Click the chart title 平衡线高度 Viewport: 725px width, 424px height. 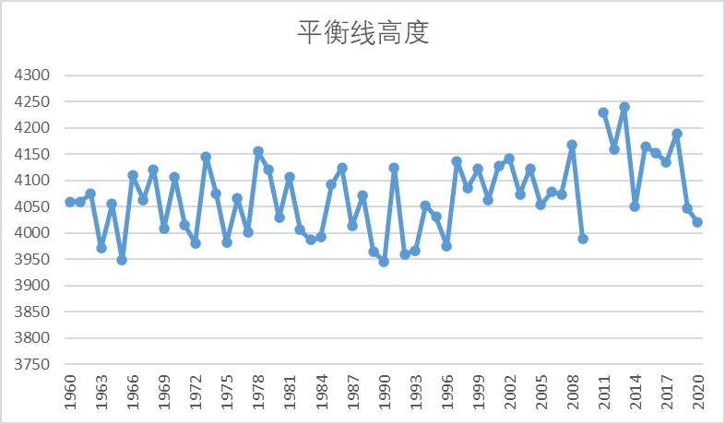tap(362, 32)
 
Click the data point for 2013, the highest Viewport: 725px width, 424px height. tap(624, 107)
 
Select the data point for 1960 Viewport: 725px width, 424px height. tap(70, 202)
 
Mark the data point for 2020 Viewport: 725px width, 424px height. tap(697, 222)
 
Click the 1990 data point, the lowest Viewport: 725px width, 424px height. tap(384, 262)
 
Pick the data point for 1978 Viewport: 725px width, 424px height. tap(258, 151)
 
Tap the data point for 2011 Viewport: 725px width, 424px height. tap(603, 112)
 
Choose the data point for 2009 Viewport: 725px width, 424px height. tap(583, 239)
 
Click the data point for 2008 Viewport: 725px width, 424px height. tap(572, 145)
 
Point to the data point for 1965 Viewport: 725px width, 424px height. tap(122, 260)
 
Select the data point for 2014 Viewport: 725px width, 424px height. tap(635, 206)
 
